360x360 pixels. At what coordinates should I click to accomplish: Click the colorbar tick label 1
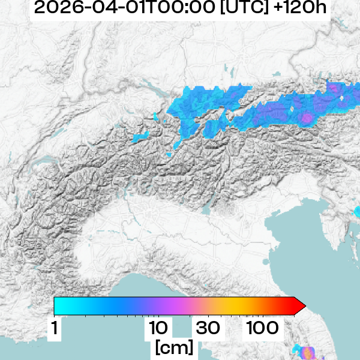click(55, 328)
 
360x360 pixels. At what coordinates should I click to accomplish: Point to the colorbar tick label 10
click(158, 328)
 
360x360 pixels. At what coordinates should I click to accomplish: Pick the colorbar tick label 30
click(207, 328)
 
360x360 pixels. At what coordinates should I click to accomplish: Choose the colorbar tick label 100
click(262, 328)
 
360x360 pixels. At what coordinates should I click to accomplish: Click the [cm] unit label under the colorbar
click(174, 347)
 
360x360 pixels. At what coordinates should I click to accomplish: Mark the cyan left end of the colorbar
click(58, 306)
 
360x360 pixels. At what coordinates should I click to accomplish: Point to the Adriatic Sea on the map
click(300, 252)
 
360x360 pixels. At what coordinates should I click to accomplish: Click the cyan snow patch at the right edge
click(357, 211)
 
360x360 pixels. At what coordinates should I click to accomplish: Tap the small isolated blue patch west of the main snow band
click(140, 137)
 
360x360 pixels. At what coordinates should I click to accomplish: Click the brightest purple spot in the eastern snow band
click(307, 118)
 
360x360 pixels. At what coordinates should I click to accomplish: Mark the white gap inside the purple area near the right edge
click(341, 97)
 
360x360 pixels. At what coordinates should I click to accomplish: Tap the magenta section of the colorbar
click(180, 306)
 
